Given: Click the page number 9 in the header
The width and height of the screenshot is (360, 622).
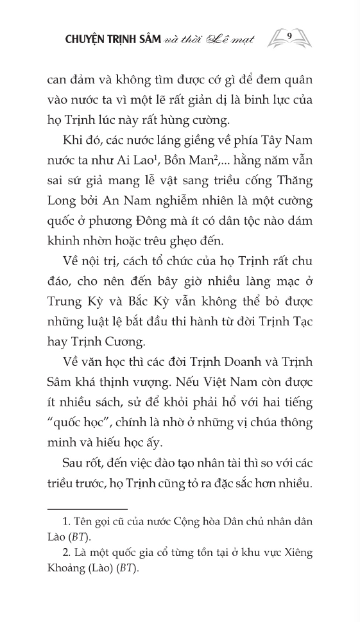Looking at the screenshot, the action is pos(291,36).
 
